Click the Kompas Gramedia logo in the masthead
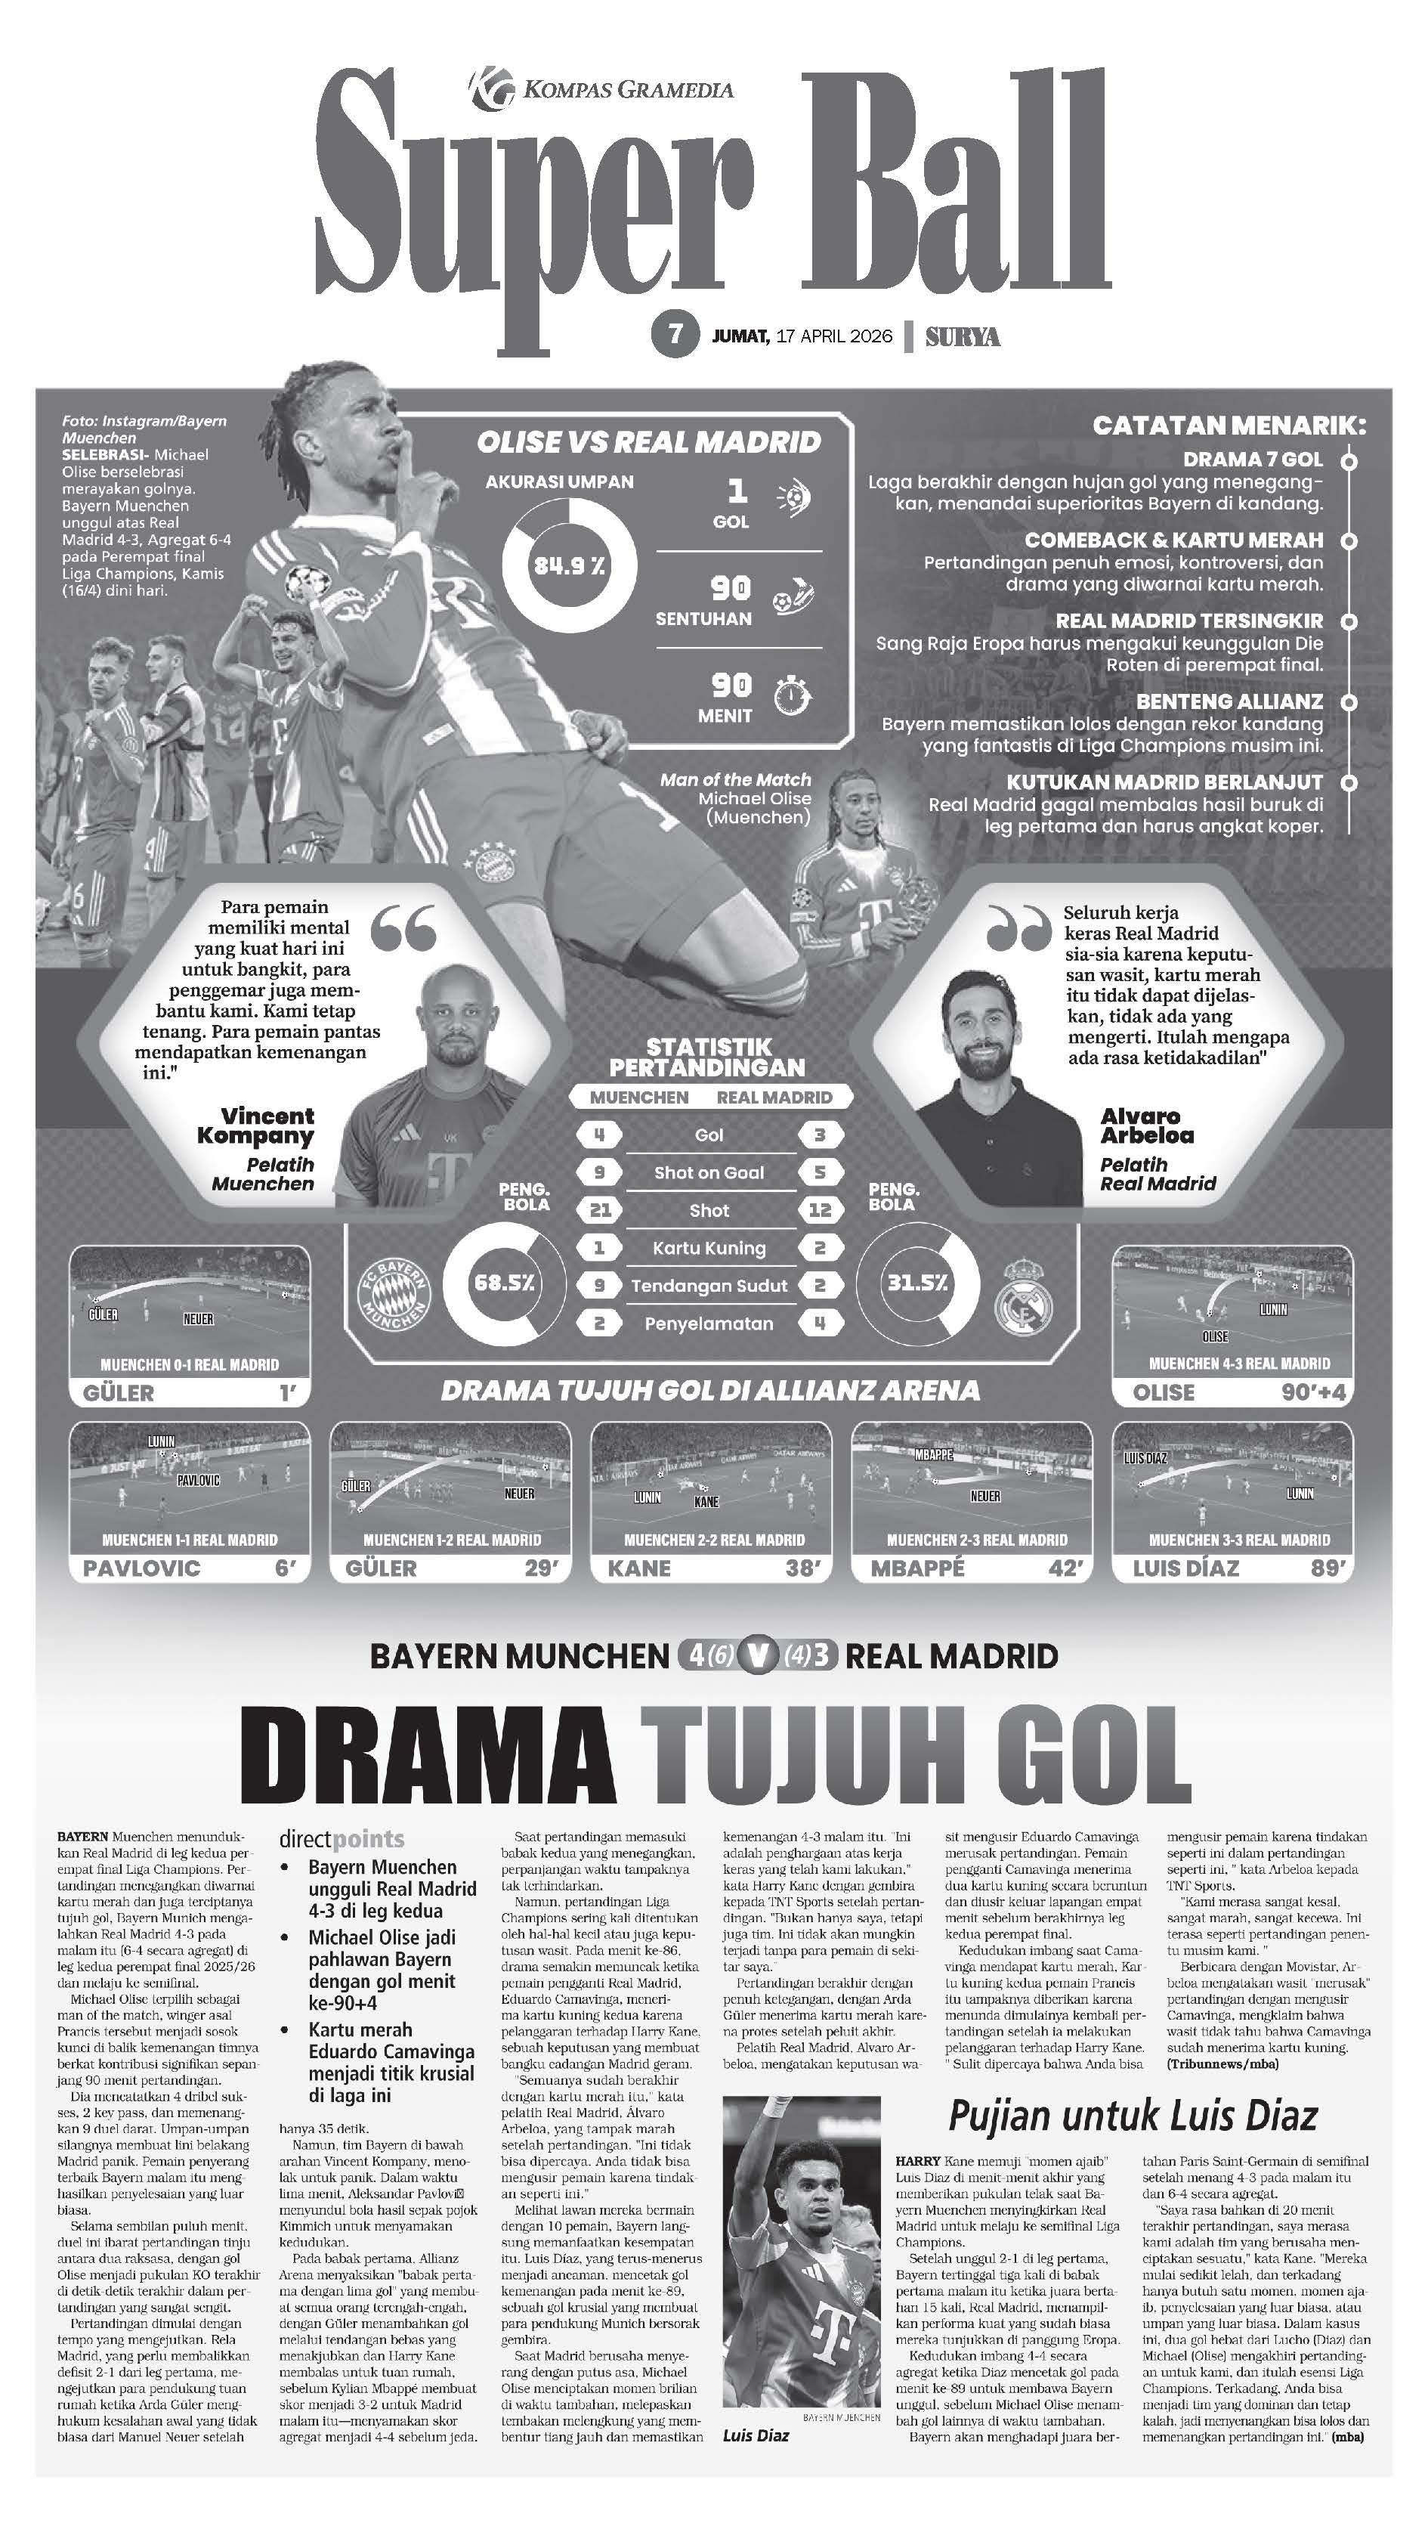tap(492, 87)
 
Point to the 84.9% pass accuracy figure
tap(569, 566)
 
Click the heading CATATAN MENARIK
tap(1229, 426)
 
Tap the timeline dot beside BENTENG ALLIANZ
tap(1348, 701)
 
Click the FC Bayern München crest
tap(393, 1293)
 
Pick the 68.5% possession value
tap(505, 1283)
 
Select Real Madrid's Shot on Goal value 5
tap(820, 1172)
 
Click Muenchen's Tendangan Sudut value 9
tap(599, 1285)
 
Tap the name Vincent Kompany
tap(256, 1125)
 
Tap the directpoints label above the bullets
tap(342, 1839)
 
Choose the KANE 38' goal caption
tap(712, 1568)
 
